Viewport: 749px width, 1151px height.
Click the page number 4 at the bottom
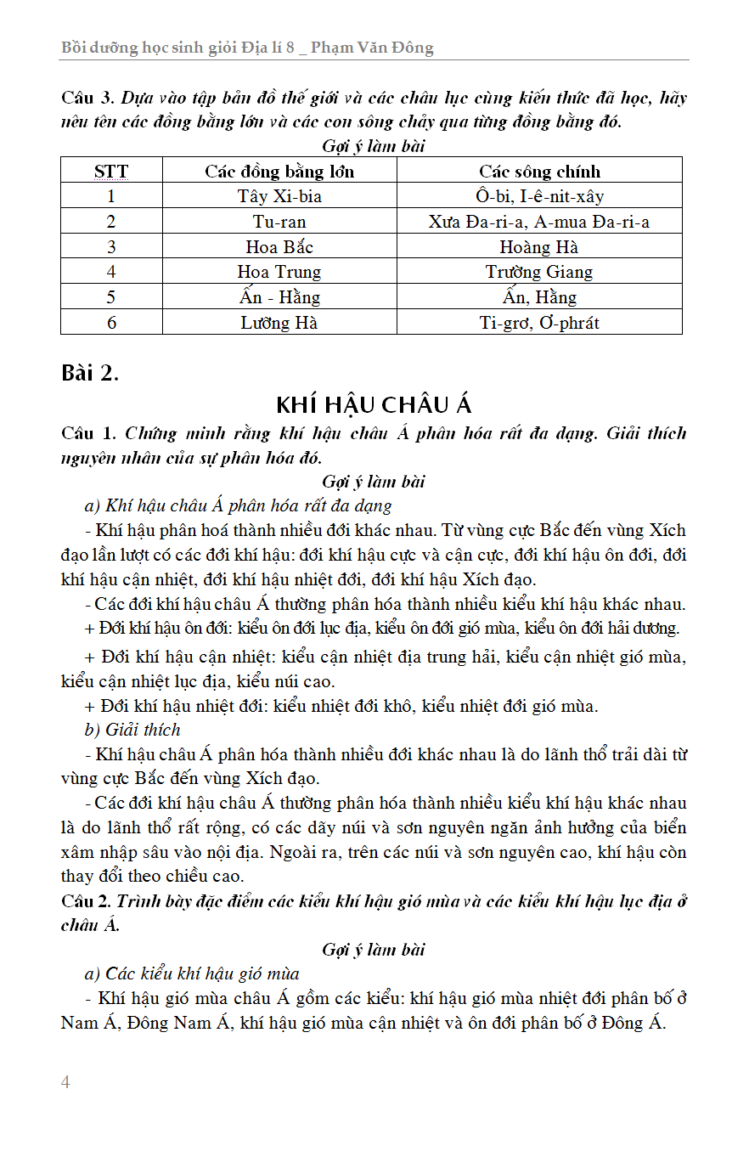pos(65,1082)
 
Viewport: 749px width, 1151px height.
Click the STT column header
pos(111,172)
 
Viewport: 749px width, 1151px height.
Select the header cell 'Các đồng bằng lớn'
pos(279,172)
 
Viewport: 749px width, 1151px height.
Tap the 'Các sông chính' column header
pos(539,172)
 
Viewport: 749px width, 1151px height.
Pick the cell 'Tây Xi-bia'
pos(279,197)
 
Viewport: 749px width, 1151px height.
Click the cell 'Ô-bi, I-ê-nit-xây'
pos(539,197)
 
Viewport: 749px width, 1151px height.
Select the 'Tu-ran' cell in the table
pos(279,223)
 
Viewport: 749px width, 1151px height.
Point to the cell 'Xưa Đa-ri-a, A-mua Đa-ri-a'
pos(539,223)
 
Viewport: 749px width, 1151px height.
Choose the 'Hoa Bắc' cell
pos(279,247)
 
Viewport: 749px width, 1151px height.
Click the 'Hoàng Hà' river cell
pos(539,247)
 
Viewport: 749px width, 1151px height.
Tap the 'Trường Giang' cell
pos(539,272)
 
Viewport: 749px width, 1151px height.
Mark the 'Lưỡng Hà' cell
pos(279,323)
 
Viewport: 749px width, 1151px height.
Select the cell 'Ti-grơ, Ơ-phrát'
pos(539,323)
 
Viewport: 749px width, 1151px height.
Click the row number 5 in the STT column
pos(111,297)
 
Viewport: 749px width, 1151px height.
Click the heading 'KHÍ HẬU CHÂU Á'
pos(374,404)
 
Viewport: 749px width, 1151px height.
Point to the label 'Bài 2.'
pos(90,373)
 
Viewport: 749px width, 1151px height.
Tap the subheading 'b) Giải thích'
pos(132,730)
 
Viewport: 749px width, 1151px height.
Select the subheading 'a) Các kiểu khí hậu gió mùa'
pos(192,973)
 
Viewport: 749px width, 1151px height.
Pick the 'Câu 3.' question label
pos(88,98)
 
